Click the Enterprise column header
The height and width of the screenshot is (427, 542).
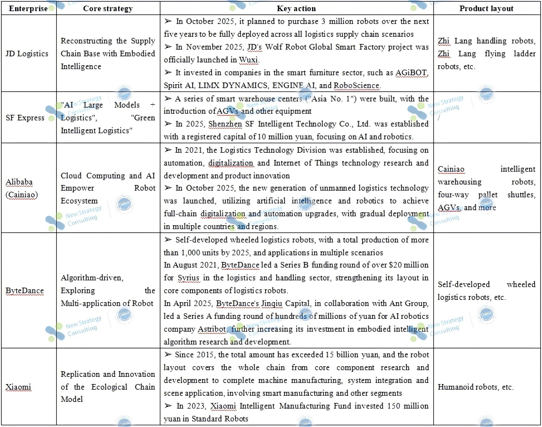click(28, 8)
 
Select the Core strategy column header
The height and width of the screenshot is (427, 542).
click(108, 8)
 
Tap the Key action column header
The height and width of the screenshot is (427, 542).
click(296, 8)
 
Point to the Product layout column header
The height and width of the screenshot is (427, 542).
click(486, 8)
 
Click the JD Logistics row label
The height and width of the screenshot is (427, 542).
click(27, 54)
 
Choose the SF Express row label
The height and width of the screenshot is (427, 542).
click(26, 118)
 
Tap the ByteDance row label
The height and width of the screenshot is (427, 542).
click(25, 290)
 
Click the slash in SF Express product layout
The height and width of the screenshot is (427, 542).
click(439, 118)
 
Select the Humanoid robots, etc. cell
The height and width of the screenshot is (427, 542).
click(475, 387)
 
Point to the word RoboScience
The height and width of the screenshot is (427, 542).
click(357, 86)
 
